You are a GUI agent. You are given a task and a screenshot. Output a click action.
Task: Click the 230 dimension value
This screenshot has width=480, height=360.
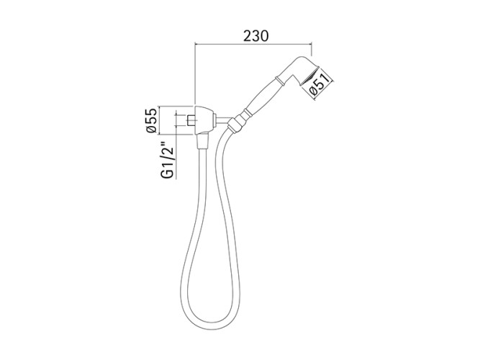[256, 36]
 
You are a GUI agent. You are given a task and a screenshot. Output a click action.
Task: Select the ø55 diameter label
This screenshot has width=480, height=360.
[152, 120]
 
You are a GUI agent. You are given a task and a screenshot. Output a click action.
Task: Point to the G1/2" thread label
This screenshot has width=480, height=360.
[168, 160]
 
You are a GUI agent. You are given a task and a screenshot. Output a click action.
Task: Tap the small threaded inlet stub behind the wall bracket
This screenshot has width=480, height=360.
[191, 120]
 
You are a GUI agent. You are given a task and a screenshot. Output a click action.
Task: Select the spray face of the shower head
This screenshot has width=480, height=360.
[309, 76]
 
